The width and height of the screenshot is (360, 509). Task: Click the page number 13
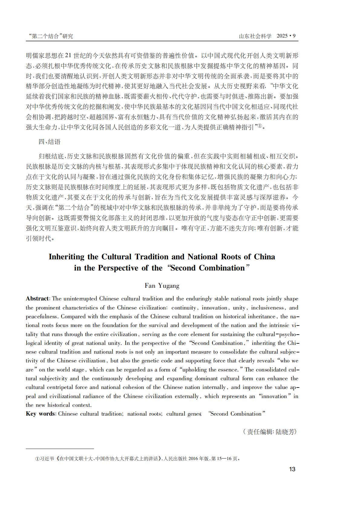click(292, 469)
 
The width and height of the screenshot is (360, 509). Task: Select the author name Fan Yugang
click(162, 286)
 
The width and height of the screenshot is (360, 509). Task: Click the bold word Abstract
click(37, 299)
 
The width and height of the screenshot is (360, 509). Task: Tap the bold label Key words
click(40, 414)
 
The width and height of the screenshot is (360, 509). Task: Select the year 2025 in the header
click(282, 36)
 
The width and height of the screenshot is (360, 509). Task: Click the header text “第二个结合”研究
click(50, 36)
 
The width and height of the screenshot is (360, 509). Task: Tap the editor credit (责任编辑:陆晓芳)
click(270, 432)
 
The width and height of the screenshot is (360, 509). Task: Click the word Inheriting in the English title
click(67, 257)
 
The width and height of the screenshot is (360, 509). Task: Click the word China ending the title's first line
click(264, 257)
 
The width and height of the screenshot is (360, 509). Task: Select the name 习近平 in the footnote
click(47, 459)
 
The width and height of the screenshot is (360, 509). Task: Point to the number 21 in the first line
click(68, 56)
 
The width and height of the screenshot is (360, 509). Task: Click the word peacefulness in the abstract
click(41, 316)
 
